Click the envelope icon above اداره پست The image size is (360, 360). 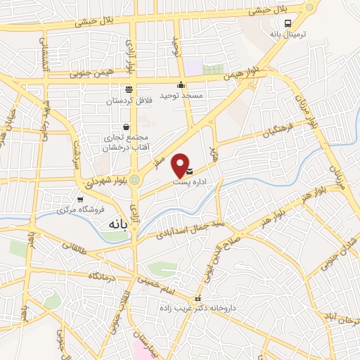(x=189, y=171)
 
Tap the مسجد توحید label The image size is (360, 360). (x=181, y=95)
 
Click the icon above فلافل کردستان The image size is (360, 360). (x=129, y=89)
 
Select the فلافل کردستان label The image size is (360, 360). (x=129, y=101)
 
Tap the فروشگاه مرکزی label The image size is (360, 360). (x=81, y=210)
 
